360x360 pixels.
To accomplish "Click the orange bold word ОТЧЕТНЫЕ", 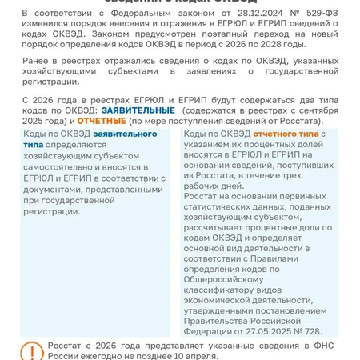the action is click(x=102, y=120).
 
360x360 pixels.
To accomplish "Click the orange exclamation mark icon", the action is click(x=31, y=350).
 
